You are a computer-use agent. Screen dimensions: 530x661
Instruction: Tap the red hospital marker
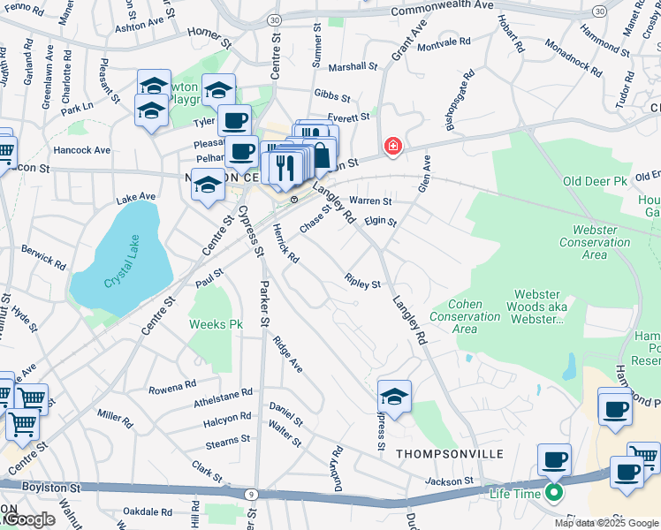coord(391,146)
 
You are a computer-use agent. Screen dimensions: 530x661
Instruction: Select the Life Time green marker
coord(554,493)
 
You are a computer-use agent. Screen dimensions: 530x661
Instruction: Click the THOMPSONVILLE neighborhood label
coord(450,453)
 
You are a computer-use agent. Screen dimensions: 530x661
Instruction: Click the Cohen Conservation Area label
coord(465,317)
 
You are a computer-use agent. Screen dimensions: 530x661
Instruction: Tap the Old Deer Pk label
coord(595,181)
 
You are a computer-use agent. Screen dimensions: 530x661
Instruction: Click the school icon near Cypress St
coord(394,396)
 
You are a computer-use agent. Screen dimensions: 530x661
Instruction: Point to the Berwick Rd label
coord(44,257)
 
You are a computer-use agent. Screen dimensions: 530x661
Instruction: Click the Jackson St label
coord(449,481)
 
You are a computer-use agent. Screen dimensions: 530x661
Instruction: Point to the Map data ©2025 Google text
coord(606,523)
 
